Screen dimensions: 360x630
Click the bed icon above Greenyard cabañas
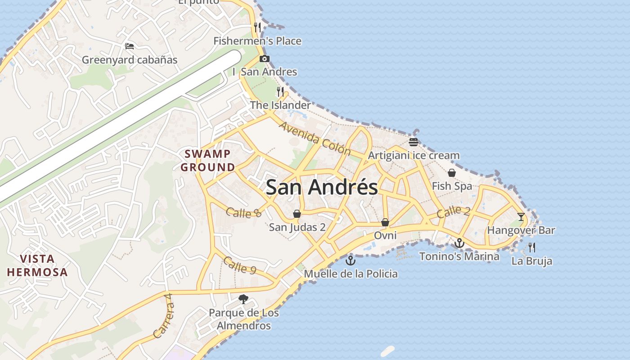129,46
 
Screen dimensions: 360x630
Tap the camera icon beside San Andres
265,58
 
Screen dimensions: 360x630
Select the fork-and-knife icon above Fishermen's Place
257,27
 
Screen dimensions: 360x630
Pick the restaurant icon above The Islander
280,92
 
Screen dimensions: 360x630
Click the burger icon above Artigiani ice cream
414,142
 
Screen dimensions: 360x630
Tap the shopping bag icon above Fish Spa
452,173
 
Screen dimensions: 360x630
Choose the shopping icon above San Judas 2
297,213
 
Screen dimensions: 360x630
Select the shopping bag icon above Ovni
385,222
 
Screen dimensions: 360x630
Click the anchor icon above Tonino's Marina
459,243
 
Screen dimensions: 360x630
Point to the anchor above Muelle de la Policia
350,260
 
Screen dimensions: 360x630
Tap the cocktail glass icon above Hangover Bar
521,216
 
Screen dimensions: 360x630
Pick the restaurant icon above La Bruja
532,247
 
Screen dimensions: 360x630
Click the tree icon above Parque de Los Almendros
243,299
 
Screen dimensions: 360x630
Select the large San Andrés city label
322,187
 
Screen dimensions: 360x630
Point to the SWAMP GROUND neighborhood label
208,161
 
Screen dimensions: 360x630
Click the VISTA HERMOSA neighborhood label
37,265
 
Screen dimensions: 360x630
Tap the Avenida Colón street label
315,138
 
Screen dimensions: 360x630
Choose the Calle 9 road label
239,265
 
